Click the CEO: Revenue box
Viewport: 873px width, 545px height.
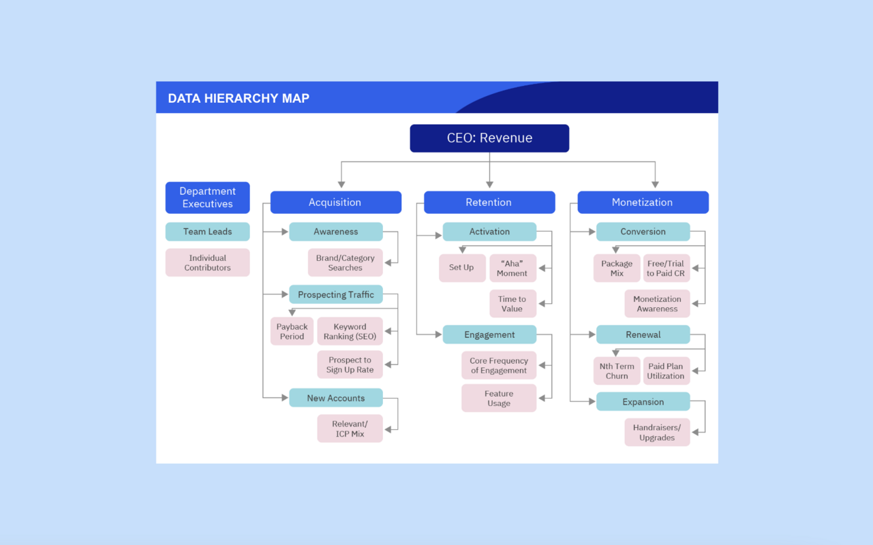(489, 138)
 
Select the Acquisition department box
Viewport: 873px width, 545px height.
(335, 202)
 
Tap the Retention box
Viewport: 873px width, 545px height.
(489, 202)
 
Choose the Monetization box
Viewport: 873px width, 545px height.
(642, 202)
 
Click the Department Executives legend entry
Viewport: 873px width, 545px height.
(207, 198)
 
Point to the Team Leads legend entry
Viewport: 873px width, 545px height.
(207, 232)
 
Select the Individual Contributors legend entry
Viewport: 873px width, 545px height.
(207, 263)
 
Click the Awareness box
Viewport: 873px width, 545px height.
(335, 232)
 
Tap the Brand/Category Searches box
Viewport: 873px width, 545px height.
(346, 263)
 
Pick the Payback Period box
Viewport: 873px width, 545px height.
(292, 332)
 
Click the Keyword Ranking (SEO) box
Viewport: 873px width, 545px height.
(350, 332)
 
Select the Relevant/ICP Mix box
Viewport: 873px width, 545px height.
(350, 429)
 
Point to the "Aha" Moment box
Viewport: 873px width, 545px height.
(512, 268)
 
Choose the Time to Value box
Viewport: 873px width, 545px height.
(512, 304)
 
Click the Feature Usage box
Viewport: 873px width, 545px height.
(499, 399)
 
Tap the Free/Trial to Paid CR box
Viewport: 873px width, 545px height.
(666, 268)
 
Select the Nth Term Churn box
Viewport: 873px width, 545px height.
(617, 371)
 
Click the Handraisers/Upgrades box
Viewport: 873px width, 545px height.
(657, 433)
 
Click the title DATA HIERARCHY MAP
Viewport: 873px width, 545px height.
(239, 99)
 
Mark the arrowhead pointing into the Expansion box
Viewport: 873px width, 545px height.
(592, 402)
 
